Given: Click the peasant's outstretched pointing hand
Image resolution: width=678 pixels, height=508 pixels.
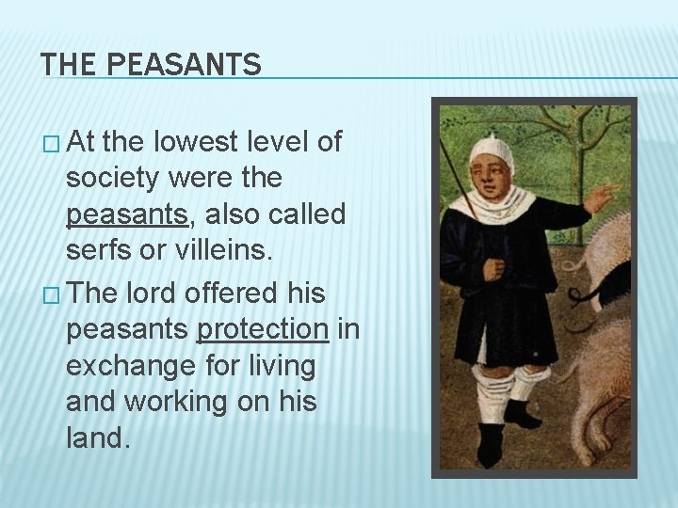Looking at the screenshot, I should pos(598,198).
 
